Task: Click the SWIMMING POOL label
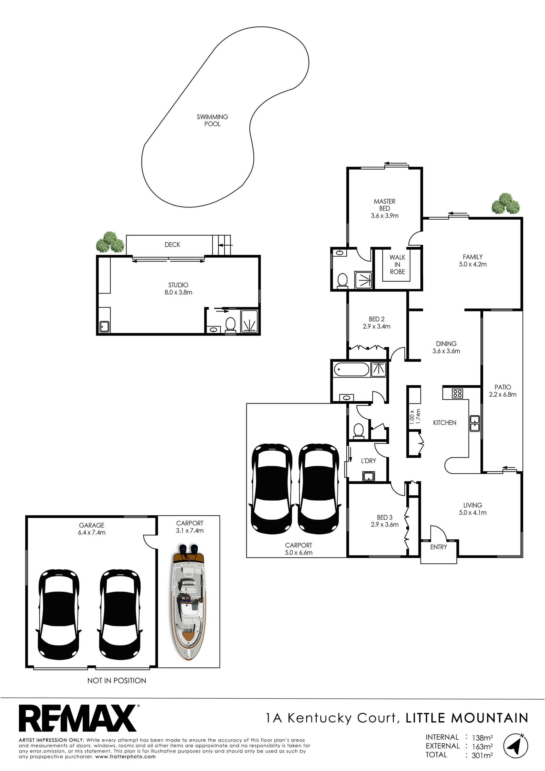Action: tap(212, 120)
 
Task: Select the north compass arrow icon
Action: tap(516, 746)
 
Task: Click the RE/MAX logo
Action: tap(78, 718)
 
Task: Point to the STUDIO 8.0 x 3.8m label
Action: tap(178, 288)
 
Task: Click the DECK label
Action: tap(172, 244)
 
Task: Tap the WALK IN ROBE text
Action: tap(397, 264)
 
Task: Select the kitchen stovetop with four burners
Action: tap(457, 393)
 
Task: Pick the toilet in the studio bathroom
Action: tap(230, 325)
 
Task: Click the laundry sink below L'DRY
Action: tap(368, 476)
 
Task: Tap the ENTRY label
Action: tap(438, 547)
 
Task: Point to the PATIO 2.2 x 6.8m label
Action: tap(503, 391)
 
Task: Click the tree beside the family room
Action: tap(506, 204)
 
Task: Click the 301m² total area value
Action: tap(482, 755)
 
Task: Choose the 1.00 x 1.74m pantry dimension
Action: tap(415, 416)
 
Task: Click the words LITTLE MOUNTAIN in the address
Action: tap(467, 718)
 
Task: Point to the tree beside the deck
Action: tap(110, 242)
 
